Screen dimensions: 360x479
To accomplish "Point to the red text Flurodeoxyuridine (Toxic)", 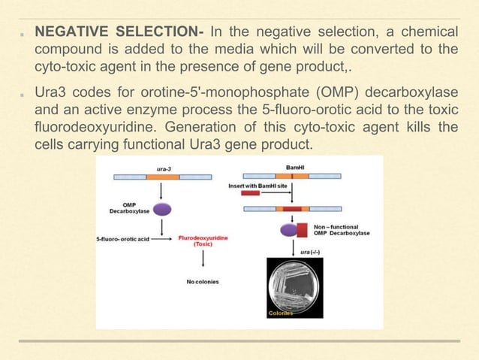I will (x=203, y=241).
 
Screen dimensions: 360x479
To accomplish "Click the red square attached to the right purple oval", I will (x=303, y=229).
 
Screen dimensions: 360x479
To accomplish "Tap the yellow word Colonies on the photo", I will (x=280, y=313).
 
